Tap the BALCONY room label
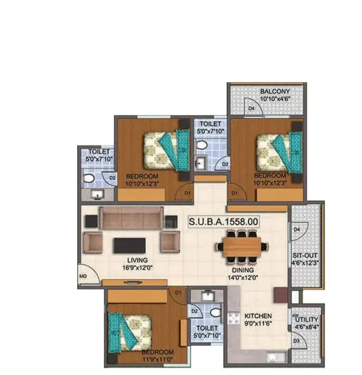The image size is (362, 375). coord(275,91)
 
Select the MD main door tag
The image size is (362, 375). coord(83,276)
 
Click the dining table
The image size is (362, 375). coord(241,247)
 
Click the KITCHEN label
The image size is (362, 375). coord(258,317)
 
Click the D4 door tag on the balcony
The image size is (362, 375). coord(251,108)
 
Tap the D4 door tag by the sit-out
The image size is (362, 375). coord(297,230)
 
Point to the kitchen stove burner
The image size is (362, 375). coord(234,319)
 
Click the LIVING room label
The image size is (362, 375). coord(137,260)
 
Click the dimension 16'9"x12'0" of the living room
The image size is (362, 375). coord(137,268)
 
